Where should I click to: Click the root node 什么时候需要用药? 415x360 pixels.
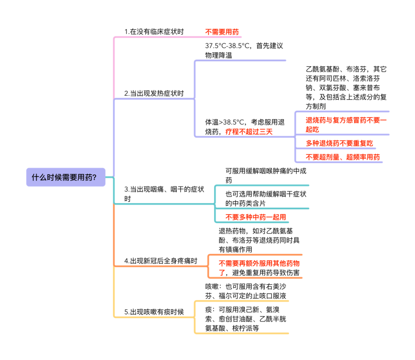66,177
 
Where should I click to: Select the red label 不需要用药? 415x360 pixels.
222,32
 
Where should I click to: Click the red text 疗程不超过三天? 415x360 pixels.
249,132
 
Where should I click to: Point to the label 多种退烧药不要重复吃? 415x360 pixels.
339,143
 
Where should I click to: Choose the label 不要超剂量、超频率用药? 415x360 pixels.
342,157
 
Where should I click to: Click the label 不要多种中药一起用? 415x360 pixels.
255,217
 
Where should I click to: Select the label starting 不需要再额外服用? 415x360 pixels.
259,264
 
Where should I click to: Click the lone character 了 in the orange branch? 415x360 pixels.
222,273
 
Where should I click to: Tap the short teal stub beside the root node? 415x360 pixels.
110,177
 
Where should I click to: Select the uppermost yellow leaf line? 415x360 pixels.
242,301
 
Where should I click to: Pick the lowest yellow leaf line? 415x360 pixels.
242,333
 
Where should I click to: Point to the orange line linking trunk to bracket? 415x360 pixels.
161,266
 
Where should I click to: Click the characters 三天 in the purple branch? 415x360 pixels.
266,132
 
